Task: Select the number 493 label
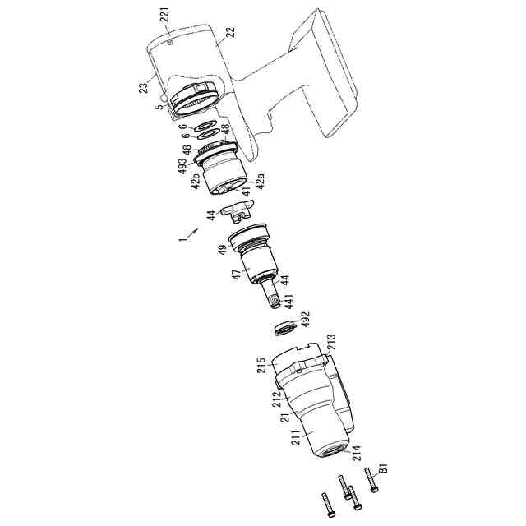182,165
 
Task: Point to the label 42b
196,181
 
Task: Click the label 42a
261,181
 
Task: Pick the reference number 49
223,250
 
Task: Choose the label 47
237,275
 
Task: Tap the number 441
288,301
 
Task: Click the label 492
305,320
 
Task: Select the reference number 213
330,342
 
